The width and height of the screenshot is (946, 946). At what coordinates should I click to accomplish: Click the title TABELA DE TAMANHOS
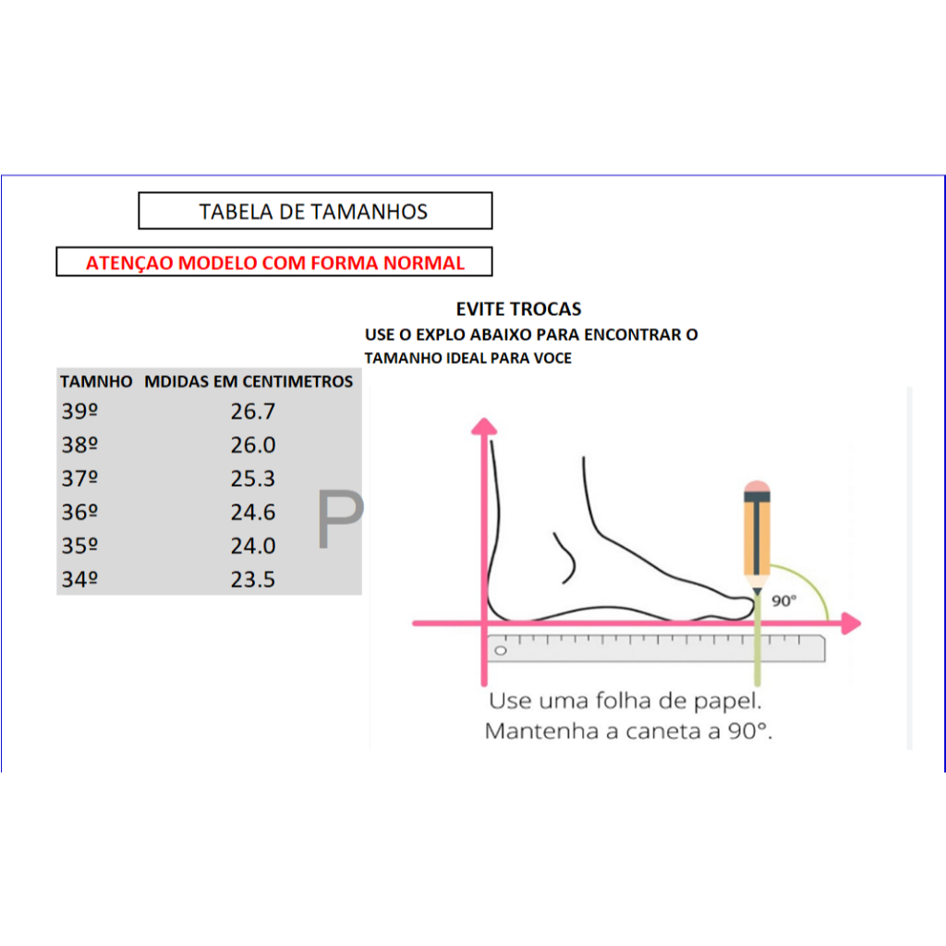coord(313,212)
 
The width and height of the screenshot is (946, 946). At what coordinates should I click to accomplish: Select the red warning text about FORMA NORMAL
coord(275,263)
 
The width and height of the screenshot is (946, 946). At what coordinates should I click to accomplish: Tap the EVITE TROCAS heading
coord(518,309)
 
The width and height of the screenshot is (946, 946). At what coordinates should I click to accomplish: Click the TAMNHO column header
coord(96,382)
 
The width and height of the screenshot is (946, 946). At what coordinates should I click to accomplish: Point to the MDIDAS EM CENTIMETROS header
coord(249,382)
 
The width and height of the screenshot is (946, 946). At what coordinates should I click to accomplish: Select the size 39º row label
coord(79,411)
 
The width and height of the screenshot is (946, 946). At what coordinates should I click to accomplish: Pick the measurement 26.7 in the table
coord(253,411)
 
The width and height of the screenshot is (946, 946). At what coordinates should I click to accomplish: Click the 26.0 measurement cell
coord(253,445)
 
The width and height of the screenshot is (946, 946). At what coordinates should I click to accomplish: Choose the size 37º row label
coord(79,479)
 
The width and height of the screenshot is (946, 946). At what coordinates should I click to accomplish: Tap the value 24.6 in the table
coord(253,513)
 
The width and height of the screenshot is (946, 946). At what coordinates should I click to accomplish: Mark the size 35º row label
coord(79,546)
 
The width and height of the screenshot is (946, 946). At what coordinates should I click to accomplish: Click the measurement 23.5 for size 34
coord(253,580)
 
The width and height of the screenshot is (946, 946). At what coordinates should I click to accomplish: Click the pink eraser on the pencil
coord(757,486)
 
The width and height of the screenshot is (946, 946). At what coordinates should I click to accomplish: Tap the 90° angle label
coord(783,600)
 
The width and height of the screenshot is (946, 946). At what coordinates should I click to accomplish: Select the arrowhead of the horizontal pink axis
coord(851,624)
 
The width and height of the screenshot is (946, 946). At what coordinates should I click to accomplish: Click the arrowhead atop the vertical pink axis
coord(484,427)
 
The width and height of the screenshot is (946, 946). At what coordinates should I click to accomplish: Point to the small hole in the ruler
coord(501,650)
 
